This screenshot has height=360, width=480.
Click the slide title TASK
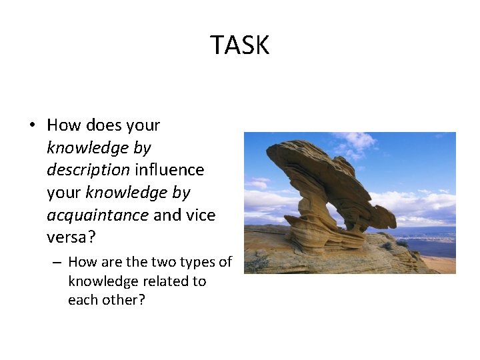coord(239,45)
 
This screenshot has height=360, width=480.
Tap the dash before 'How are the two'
coord(57,262)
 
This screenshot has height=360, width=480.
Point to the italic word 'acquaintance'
coord(97,215)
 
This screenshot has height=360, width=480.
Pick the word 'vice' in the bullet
coord(202,215)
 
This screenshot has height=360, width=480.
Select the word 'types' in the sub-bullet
coord(195,262)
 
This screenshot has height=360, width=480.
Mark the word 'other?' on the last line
coord(124,300)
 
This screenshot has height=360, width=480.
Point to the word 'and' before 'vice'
coord(167,215)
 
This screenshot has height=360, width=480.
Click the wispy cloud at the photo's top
coord(357,141)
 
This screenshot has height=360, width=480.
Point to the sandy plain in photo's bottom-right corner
coord(440,265)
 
